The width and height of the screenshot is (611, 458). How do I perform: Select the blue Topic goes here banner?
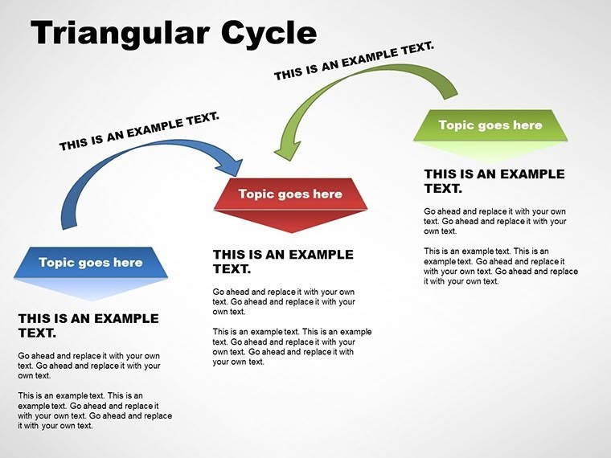tap(90, 263)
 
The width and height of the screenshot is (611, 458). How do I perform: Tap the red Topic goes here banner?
tap(290, 194)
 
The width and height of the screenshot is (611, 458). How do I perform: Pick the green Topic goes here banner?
tap(490, 125)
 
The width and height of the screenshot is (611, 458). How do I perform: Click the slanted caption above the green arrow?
tap(354, 62)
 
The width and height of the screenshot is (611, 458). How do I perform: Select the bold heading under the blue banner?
tap(88, 325)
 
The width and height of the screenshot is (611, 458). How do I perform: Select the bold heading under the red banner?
tap(283, 262)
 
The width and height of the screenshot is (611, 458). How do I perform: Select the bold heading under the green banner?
tap(494, 181)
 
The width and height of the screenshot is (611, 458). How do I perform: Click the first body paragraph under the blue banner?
tap(88, 366)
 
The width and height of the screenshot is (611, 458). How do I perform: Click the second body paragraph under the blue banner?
tap(95, 410)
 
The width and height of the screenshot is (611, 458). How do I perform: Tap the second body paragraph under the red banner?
tap(292, 346)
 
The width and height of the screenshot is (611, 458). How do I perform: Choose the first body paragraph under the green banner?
tap(495, 221)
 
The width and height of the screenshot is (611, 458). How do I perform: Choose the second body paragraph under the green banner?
tap(500, 266)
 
